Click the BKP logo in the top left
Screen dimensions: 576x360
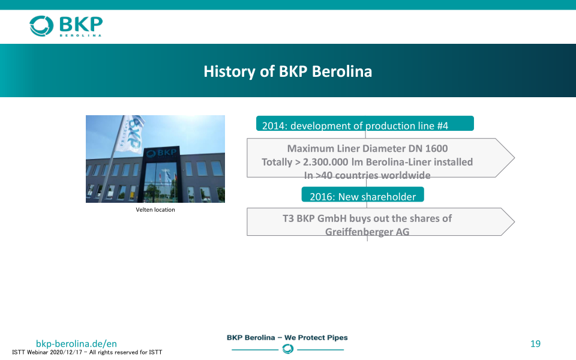click(66, 26)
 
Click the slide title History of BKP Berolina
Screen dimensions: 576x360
click(287, 71)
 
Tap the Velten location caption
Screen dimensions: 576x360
click(155, 210)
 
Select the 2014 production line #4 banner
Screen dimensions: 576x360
click(365, 124)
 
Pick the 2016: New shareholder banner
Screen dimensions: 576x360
click(362, 194)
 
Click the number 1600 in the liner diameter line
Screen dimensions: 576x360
click(436, 148)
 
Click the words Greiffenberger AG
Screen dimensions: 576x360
click(367, 232)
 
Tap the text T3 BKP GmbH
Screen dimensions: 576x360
click(314, 218)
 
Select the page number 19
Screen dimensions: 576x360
click(535, 343)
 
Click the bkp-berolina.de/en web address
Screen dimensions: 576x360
click(76, 343)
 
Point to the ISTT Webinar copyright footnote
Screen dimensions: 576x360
click(87, 352)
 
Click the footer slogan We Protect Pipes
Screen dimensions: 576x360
click(316, 338)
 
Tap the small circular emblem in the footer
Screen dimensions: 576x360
click(287, 349)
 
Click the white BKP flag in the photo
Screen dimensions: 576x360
click(130, 133)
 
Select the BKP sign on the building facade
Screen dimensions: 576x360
click(161, 153)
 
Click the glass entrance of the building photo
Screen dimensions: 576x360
click(161, 182)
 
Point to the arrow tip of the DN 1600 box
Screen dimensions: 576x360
click(514, 158)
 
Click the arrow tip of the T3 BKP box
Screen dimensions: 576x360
click(514, 222)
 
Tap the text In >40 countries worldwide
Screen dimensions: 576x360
click(367, 175)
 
